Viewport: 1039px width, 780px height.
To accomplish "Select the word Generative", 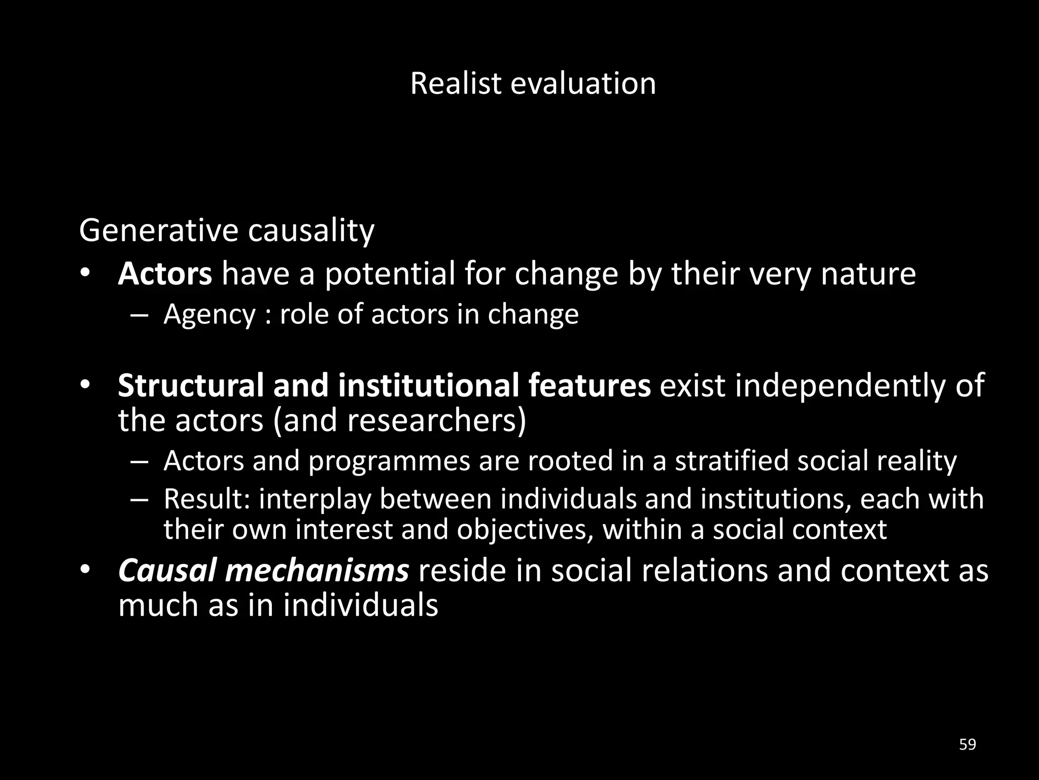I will click(158, 231).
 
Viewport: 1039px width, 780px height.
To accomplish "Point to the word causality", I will click(311, 231).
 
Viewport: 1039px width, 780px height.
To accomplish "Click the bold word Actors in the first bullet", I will click(165, 274).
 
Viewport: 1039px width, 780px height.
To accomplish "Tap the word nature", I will click(868, 274).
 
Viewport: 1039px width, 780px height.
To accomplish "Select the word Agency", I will click(210, 315).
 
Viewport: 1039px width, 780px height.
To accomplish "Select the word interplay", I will click(316, 499).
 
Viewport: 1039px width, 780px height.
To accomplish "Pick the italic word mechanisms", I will click(317, 571).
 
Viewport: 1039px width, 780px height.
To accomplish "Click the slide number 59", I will click(967, 745).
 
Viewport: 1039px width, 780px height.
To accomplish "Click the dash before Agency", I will click(138, 315).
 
